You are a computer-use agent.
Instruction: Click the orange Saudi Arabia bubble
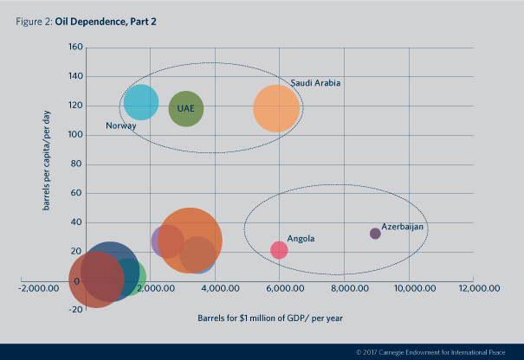tap(276, 109)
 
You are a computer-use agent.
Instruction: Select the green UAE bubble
tap(185, 110)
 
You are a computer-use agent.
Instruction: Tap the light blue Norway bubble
tap(141, 102)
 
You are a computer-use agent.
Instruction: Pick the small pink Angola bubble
tap(279, 250)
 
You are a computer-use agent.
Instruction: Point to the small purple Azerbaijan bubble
tap(375, 234)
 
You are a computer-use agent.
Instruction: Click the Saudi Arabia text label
tap(316, 83)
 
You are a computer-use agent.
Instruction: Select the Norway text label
tap(120, 126)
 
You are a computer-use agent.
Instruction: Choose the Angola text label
tap(301, 239)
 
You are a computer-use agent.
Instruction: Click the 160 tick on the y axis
tap(73, 47)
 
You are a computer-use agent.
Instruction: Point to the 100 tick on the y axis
tap(73, 135)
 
